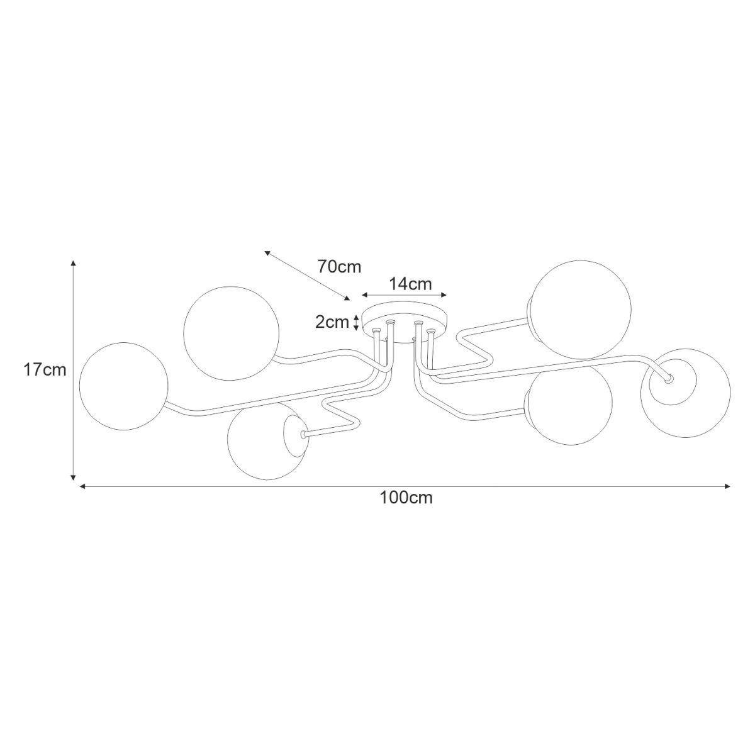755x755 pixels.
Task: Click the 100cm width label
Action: click(406, 498)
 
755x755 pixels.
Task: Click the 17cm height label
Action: click(45, 370)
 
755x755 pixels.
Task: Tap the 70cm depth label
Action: click(339, 267)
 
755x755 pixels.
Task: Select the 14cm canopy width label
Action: click(410, 284)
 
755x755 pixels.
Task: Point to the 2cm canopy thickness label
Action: click(332, 322)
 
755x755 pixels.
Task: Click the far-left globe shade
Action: click(123, 386)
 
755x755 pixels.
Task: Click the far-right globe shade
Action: click(685, 393)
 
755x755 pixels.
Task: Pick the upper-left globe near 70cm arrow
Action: click(231, 333)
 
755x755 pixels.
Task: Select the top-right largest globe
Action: click(580, 310)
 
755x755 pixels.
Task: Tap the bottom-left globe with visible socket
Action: click(267, 441)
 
